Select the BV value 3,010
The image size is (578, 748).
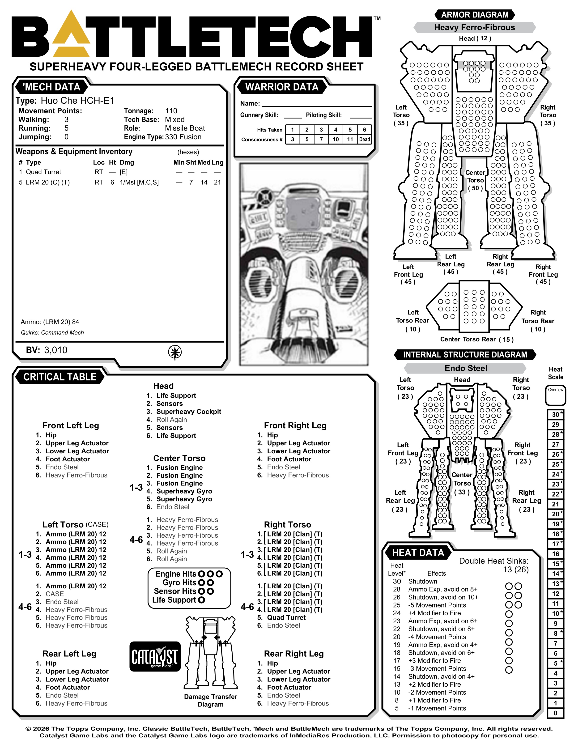[56, 350]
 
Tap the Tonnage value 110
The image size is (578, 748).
[171, 111]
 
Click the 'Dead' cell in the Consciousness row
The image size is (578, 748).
[364, 139]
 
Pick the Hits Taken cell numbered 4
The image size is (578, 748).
[336, 130]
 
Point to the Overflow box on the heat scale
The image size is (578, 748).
[555, 395]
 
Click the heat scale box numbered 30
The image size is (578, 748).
[555, 414]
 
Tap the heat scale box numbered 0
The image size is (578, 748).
[555, 713]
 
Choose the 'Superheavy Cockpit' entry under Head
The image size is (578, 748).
[189, 412]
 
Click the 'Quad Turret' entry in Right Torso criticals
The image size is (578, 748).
[286, 617]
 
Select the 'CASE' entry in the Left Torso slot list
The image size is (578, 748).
[55, 594]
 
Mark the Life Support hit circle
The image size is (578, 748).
[201, 600]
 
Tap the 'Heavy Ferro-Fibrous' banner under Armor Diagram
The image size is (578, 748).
[475, 27]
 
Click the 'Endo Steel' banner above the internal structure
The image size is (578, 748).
[466, 368]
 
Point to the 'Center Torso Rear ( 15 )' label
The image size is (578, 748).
[477, 339]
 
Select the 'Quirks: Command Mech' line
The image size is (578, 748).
[52, 332]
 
